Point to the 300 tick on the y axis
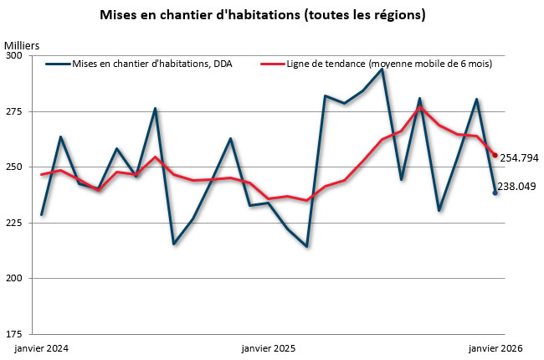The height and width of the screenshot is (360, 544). pos(15,56)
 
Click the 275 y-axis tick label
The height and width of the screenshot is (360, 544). pos(15,111)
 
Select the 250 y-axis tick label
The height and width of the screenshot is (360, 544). pos(15,167)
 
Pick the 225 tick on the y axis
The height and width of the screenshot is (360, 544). pos(15,223)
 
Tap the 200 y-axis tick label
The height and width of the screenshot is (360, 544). pos(15,278)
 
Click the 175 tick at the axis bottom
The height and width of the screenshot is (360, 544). pos(15,333)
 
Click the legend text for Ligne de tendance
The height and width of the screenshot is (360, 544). pos(388,64)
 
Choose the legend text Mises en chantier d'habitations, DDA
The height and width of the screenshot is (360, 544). pos(153,64)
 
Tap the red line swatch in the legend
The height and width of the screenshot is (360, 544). pos(272,64)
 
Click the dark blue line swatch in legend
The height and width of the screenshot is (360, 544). pos(58,64)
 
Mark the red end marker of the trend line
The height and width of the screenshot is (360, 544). pos(495,155)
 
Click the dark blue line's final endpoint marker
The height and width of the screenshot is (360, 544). pos(495,193)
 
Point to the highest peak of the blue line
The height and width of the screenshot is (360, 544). pos(382,69)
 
